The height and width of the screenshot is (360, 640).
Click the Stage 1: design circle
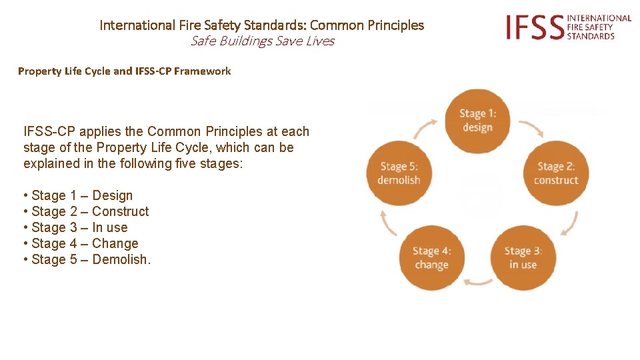(477, 121)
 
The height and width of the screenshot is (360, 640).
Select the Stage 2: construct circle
(555, 173)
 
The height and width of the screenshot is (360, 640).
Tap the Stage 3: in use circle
(523, 258)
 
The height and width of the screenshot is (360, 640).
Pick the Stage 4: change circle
(431, 258)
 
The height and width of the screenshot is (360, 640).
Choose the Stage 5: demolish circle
(399, 173)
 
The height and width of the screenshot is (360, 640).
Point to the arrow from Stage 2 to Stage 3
(569, 223)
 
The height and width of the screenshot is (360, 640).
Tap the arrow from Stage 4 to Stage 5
(387, 223)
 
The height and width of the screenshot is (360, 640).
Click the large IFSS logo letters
(533, 27)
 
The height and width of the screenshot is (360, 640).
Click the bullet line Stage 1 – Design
(78, 195)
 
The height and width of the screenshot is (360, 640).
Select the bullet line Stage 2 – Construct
(86, 211)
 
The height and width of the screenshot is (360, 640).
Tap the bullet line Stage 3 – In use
(75, 227)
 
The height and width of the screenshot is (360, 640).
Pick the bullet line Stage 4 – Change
(81, 243)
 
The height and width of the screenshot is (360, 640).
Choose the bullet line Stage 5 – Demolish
(87, 259)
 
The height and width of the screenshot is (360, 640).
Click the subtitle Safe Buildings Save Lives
(262, 41)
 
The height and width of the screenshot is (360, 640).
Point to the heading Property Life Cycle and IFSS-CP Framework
(125, 71)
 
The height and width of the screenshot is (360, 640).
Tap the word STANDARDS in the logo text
(591, 36)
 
